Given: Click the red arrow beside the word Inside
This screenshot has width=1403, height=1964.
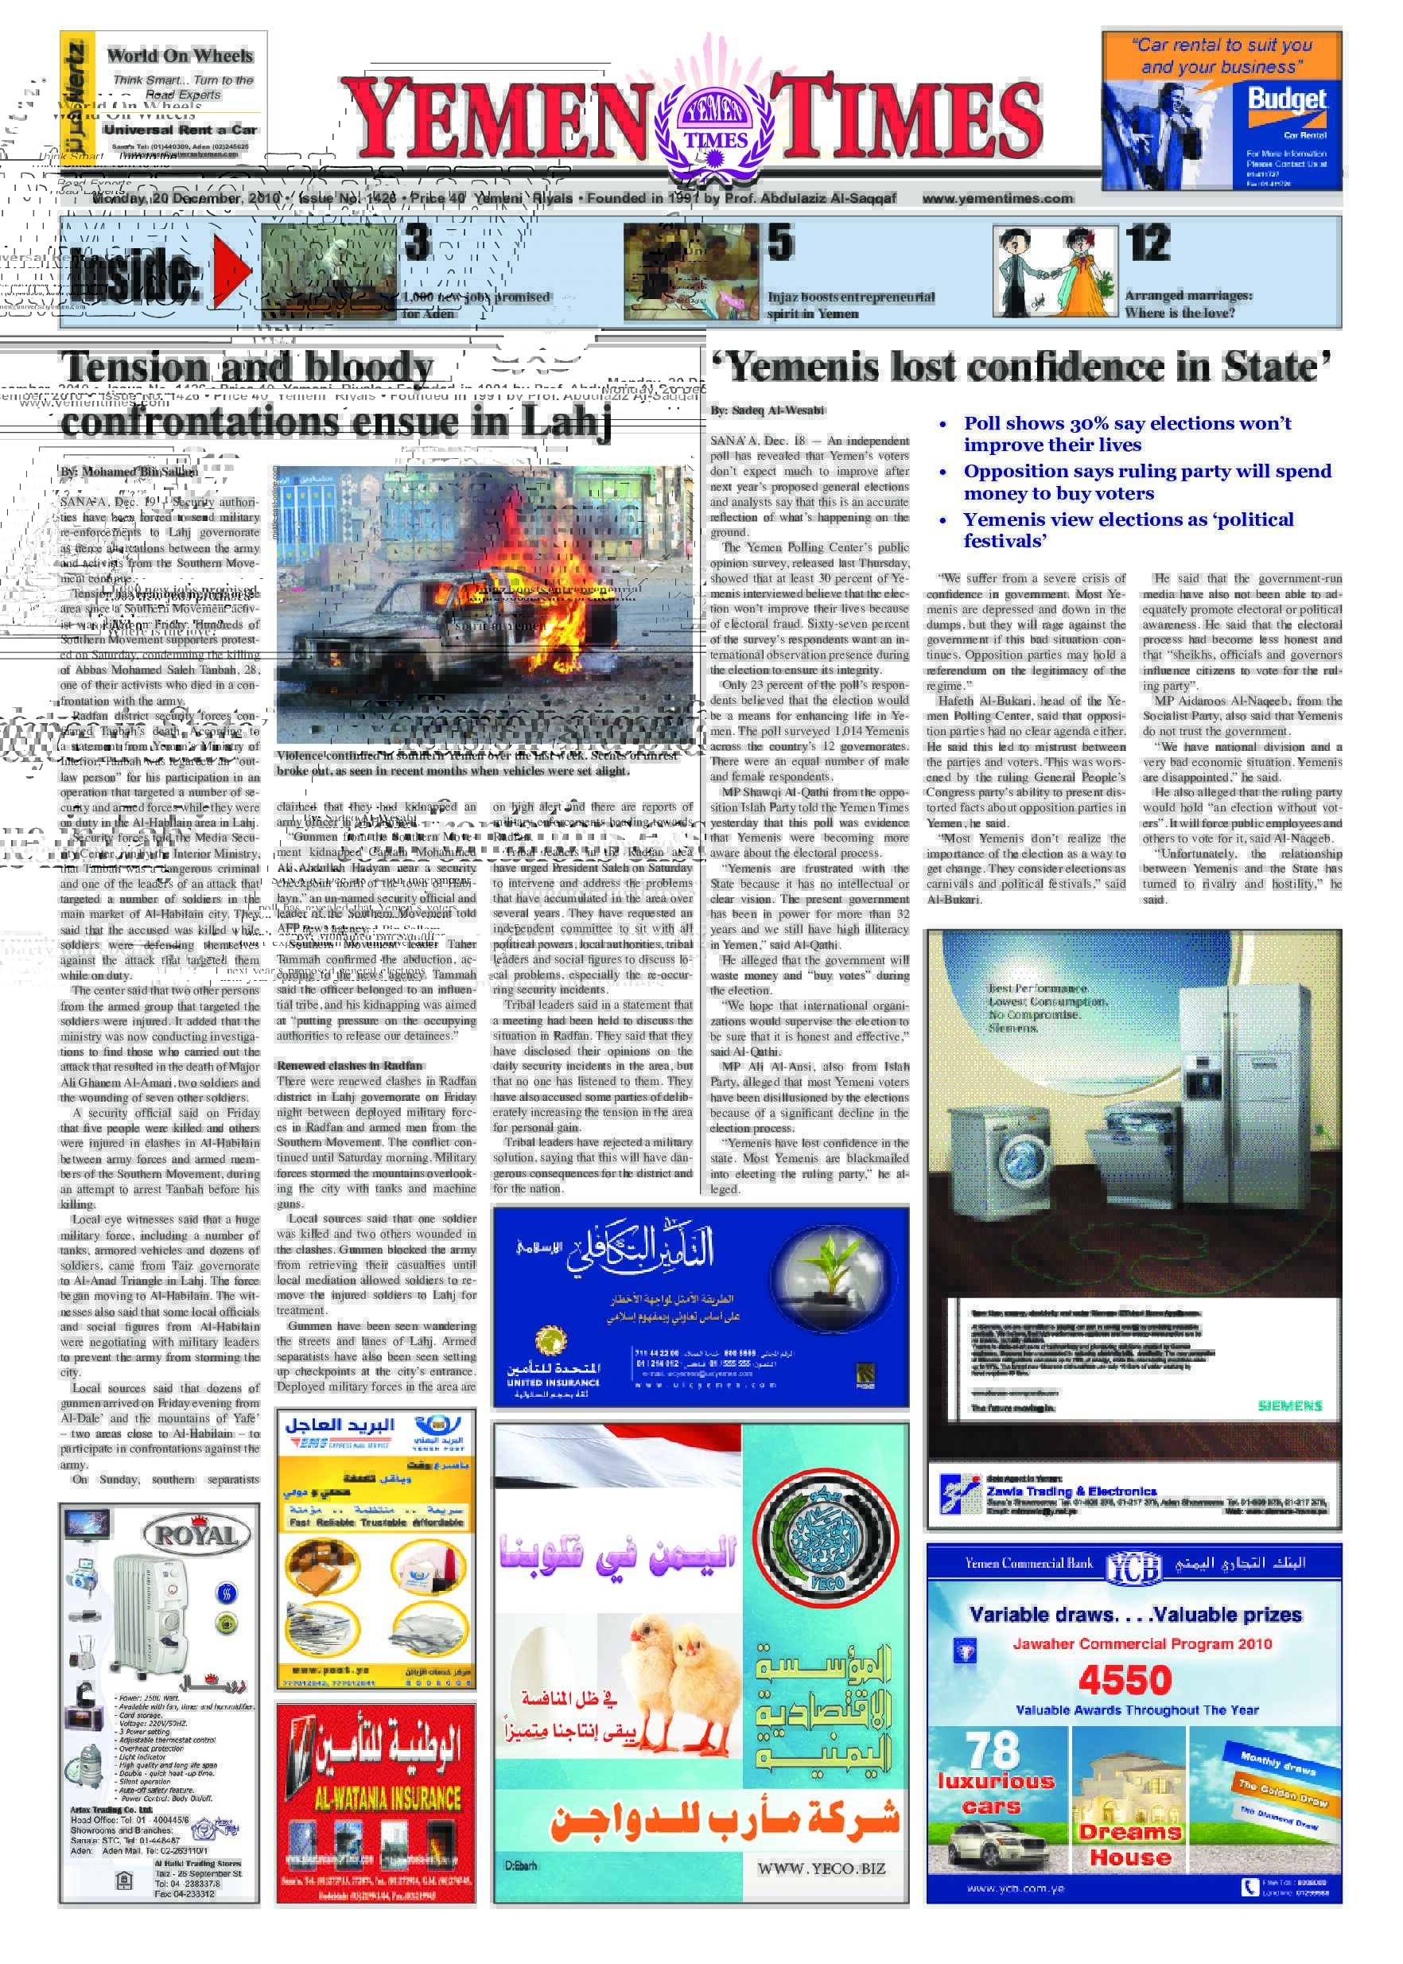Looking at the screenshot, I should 231,270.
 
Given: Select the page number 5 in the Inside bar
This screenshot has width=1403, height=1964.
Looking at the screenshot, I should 780,243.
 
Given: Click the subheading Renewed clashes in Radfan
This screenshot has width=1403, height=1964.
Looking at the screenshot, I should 349,1064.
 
